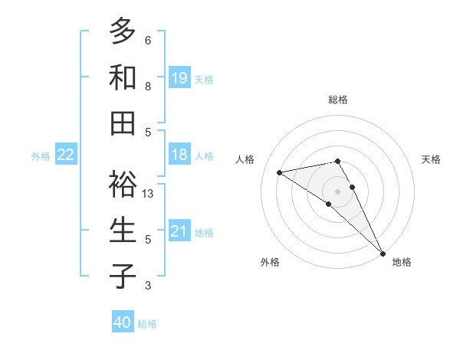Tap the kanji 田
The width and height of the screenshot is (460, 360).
123,123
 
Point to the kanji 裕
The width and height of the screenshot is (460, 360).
123,185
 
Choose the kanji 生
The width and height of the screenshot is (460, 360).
123,230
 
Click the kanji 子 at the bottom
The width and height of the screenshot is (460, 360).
123,276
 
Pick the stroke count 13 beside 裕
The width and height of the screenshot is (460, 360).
149,194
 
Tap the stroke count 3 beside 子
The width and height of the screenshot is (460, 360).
148,286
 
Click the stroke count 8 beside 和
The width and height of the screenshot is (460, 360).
148,87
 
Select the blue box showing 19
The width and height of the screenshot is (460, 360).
179,77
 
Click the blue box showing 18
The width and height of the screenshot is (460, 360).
179,155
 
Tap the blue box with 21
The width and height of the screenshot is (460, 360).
179,231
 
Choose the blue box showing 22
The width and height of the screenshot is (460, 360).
66,155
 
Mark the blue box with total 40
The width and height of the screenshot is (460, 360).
123,322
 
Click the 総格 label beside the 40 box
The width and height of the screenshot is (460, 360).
147,324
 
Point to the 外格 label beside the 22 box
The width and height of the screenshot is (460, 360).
41,156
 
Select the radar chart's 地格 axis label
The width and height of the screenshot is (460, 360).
402,262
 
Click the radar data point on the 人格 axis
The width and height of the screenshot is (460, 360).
280,172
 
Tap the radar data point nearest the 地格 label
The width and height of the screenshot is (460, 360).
382,252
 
